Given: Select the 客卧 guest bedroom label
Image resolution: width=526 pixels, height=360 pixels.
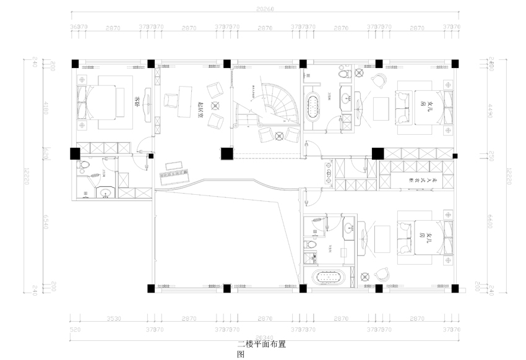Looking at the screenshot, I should [137, 102].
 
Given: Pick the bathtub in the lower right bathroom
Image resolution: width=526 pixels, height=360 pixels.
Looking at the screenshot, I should [332, 276].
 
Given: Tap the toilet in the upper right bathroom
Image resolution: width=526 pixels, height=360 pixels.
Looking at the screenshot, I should [345, 74].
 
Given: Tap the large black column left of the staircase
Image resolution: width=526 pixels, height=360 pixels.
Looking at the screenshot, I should [226, 153].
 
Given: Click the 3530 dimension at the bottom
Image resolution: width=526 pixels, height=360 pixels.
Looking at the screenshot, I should [113, 318].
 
